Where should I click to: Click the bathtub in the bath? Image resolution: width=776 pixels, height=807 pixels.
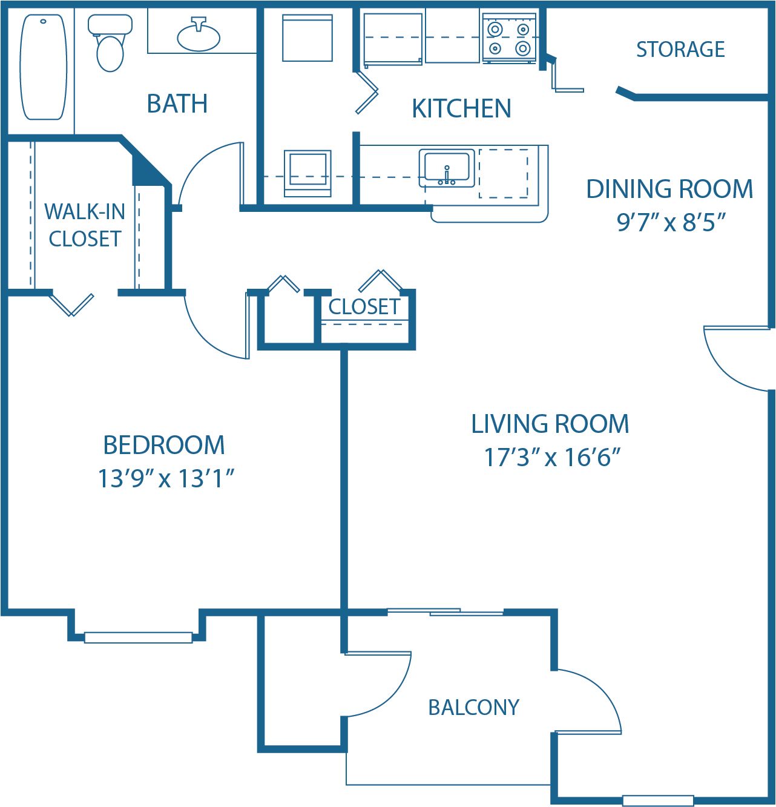point(43,67)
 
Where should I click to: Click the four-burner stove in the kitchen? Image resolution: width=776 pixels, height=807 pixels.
point(509,38)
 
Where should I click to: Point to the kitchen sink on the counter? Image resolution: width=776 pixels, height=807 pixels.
point(447,168)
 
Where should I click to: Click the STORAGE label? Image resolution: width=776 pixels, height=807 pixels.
point(680,50)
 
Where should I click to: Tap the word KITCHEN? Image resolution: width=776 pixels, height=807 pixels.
point(461,109)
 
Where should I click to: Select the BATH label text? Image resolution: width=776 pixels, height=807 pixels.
point(177,104)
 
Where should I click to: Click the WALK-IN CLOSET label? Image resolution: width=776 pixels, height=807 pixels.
point(85,225)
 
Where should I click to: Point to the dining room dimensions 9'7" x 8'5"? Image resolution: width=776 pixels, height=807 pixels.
point(671,223)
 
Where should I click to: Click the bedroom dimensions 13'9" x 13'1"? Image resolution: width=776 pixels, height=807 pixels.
point(166,478)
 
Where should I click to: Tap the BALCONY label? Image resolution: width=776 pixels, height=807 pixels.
point(473,707)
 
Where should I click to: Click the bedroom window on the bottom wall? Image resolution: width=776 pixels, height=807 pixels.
point(138,637)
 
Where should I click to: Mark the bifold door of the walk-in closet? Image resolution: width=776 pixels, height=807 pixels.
point(71,304)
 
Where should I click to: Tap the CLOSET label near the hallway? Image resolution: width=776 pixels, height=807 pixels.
point(364,307)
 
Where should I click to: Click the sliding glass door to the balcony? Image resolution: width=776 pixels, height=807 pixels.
point(445,612)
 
